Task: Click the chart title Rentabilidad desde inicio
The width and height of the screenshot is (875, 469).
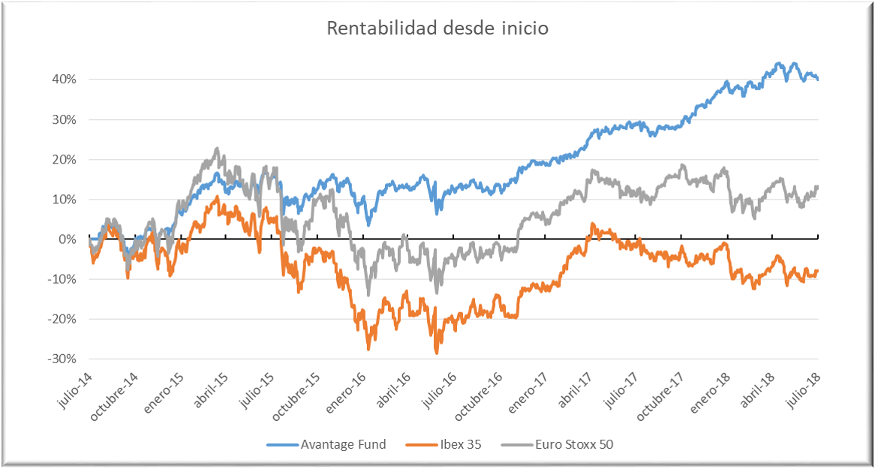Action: [437, 29]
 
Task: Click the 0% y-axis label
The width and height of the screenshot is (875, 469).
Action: [68, 239]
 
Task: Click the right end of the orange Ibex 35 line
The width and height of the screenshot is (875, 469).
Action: [817, 271]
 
